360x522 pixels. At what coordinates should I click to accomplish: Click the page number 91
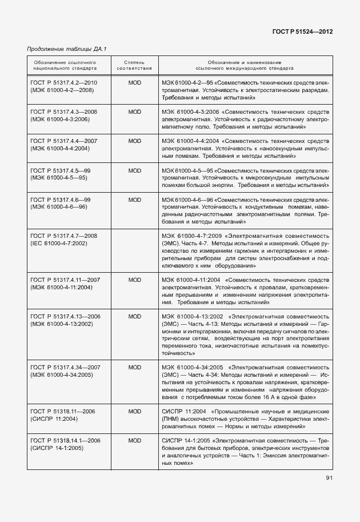329,478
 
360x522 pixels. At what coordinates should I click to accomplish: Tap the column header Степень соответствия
134,64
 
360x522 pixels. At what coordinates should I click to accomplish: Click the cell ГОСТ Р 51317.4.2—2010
64,83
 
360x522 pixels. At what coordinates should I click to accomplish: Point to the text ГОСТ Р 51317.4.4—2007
64,140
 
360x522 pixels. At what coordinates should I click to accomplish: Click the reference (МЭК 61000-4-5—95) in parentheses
58,178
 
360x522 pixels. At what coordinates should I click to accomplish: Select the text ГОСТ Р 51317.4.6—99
60,199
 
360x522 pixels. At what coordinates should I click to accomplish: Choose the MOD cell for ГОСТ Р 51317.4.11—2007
134,280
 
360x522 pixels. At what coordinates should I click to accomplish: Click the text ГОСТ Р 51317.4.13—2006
65,316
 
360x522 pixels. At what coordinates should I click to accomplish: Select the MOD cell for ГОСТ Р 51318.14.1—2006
134,440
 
